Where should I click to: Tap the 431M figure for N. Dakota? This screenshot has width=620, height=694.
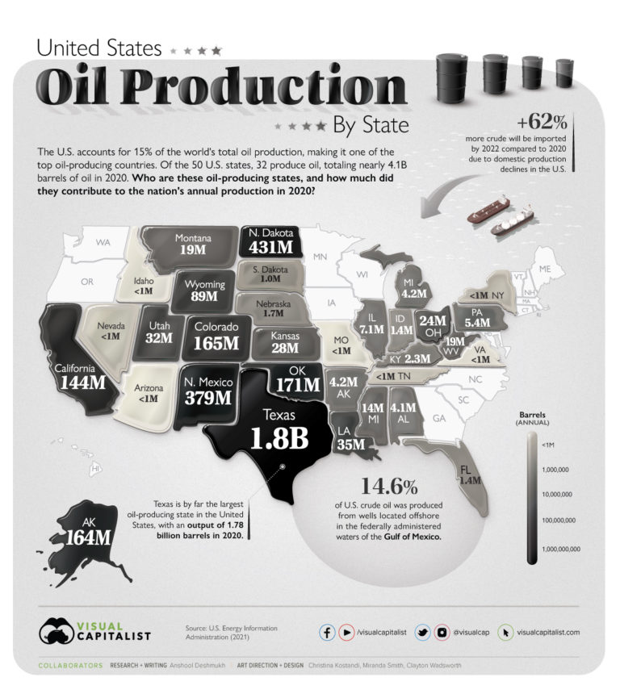(271, 248)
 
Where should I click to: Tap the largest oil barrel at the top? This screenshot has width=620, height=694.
(455, 77)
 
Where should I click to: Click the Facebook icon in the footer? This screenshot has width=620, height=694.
(328, 633)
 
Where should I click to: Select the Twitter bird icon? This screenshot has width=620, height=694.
(422, 633)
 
